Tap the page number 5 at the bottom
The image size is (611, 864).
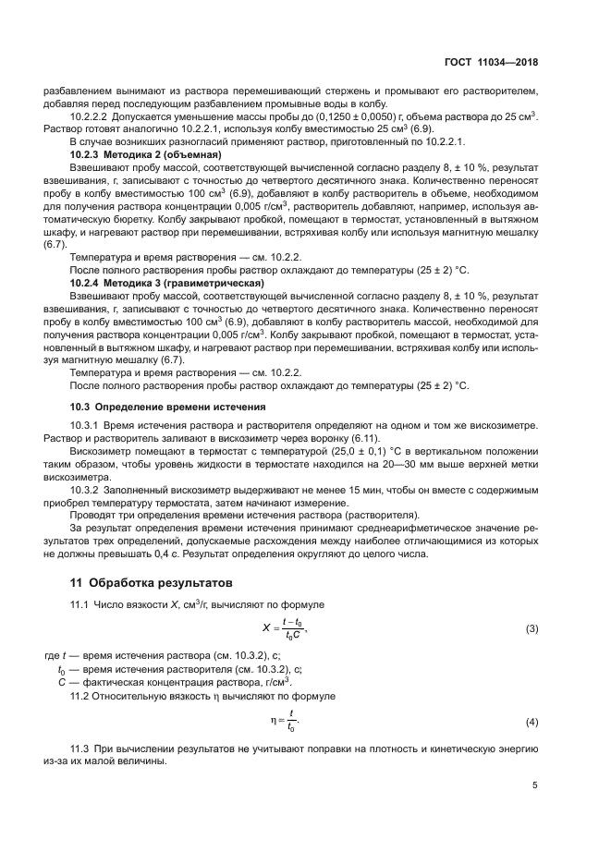pyautogui.click(x=534, y=785)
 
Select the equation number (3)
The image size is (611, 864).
pyautogui.click(x=532, y=629)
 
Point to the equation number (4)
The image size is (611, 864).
pyautogui.click(x=532, y=721)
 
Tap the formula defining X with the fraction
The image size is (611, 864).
pyautogui.click(x=285, y=629)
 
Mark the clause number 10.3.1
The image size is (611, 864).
pyautogui.click(x=86, y=424)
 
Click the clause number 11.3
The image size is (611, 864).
pyautogui.click(x=80, y=747)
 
